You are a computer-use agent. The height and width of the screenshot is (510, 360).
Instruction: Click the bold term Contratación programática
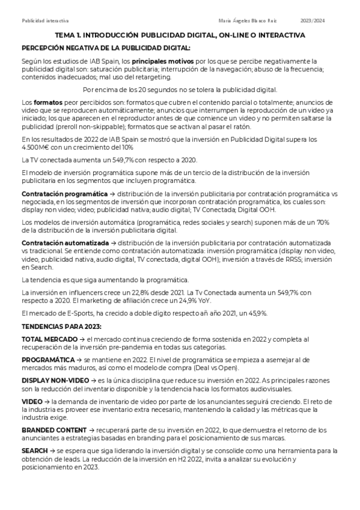[x=61, y=194]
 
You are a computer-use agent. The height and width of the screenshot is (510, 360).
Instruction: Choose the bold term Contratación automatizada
[x=60, y=241]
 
